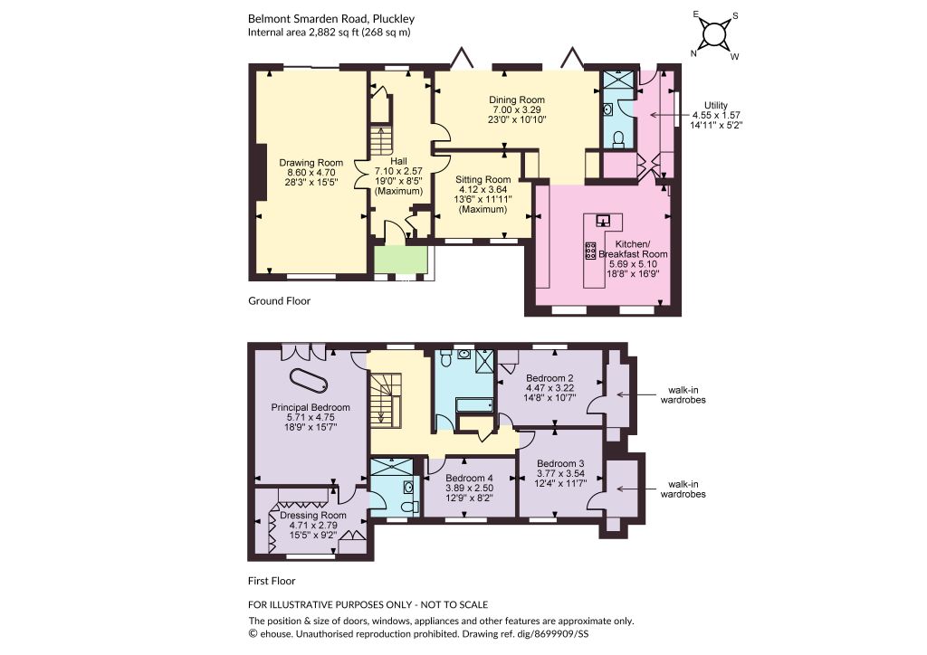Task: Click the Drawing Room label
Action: pos(311,163)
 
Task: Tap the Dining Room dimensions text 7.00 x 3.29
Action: pos(517,109)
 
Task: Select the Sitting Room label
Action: pos(483,179)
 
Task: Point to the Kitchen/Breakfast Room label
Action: pos(633,249)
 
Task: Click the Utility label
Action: pos(716,105)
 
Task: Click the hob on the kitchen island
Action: pos(590,251)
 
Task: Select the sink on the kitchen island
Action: pos(603,221)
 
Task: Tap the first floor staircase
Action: pos(386,399)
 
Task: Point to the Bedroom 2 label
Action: pos(550,378)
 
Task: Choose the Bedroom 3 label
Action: pos(560,463)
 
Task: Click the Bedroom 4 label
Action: pos(470,479)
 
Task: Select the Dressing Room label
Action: pos(313,515)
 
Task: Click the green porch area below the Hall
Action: pos(401,260)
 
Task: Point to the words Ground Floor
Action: pos(279,300)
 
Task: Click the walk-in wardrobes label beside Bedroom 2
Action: pos(683,394)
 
